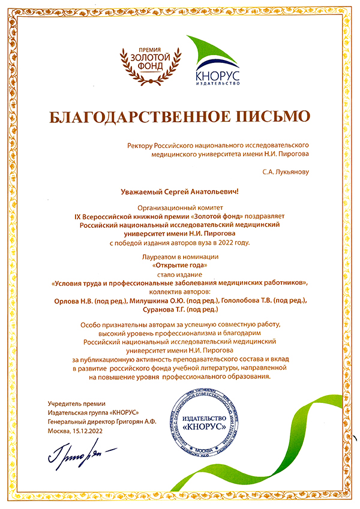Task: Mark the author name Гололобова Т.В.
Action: click(x=242, y=299)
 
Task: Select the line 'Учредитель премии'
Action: click(x=76, y=404)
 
